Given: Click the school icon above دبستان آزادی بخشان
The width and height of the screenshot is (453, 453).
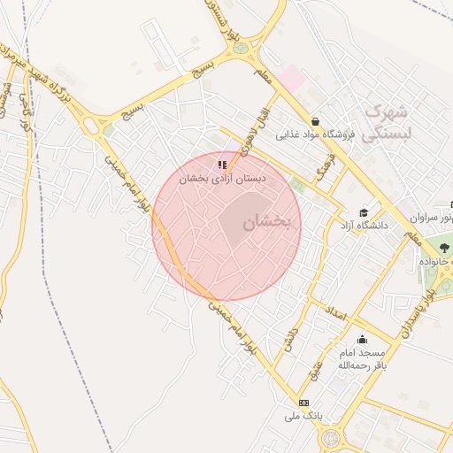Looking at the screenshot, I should click(x=222, y=164).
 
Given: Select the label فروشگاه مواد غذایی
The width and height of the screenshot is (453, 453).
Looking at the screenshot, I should click(x=315, y=135).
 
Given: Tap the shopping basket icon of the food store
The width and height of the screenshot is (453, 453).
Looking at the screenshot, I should click(x=315, y=121).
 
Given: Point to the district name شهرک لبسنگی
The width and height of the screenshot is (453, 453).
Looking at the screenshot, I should click(x=387, y=122).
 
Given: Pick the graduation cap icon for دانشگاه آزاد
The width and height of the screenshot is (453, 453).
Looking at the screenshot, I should click(x=364, y=212).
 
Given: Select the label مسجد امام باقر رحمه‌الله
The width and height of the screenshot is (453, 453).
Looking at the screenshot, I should click(x=362, y=358).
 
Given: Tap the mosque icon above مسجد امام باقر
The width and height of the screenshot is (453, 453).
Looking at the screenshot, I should click(x=362, y=339).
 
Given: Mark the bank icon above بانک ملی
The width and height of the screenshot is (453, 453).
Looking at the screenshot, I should click(x=303, y=403).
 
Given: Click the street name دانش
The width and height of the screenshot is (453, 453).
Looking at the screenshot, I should click(x=289, y=339).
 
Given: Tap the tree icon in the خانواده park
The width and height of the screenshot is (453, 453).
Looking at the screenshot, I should click(x=443, y=245).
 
